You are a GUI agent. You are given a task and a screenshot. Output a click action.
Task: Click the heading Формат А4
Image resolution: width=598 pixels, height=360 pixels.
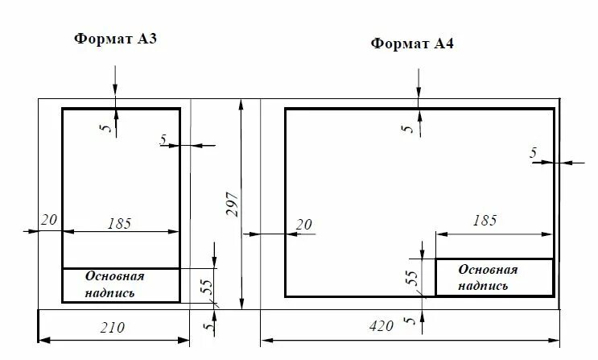pyautogui.click(x=412, y=43)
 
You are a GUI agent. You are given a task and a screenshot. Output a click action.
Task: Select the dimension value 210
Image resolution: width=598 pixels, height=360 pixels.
pyautogui.click(x=113, y=328)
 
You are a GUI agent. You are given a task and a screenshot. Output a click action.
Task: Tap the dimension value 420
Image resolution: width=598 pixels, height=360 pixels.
pyautogui.click(x=381, y=326)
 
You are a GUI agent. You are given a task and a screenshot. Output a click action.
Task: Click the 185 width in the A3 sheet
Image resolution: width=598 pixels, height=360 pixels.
pyautogui.click(x=118, y=223)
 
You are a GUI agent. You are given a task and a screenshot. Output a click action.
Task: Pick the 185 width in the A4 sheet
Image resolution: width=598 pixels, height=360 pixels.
pyautogui.click(x=485, y=220)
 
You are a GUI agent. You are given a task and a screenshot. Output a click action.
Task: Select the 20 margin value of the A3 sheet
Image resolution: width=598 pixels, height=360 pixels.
pyautogui.click(x=48, y=220)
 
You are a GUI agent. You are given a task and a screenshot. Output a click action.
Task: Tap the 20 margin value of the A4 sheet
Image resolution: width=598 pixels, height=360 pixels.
pyautogui.click(x=304, y=225)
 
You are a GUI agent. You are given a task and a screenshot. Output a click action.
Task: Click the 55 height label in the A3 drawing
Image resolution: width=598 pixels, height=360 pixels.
pyautogui.click(x=206, y=285)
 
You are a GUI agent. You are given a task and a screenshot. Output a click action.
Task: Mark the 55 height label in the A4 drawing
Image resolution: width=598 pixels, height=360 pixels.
pyautogui.click(x=411, y=277)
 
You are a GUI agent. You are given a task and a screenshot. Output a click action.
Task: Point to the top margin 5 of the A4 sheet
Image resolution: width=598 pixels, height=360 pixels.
pyautogui.click(x=408, y=127)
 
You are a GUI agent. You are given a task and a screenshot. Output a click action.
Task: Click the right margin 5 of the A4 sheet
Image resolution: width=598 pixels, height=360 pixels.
pyautogui.click(x=533, y=153)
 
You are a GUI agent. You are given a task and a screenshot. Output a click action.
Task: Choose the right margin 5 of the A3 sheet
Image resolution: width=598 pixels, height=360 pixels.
pyautogui.click(x=163, y=140)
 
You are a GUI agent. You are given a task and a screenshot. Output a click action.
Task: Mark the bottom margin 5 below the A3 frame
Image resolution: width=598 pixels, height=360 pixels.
pyautogui.click(x=208, y=326)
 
